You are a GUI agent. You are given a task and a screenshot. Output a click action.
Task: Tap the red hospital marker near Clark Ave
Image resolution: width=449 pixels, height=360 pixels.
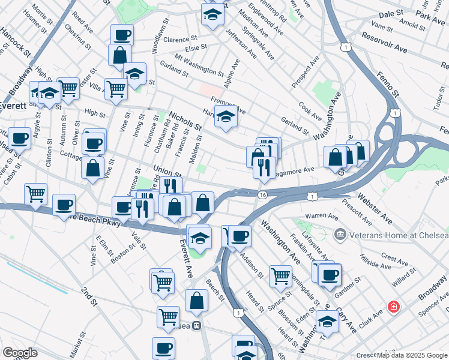coord(394,307)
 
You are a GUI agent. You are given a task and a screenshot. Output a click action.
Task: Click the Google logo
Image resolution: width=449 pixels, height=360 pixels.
coord(20,353)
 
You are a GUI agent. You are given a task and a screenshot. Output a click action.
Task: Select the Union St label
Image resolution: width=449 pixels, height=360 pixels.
coord(167,172)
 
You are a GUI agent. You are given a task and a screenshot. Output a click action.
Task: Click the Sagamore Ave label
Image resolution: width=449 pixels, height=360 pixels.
coord(295,170)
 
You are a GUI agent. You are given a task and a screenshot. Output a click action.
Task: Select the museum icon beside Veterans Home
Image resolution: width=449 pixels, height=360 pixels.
coord(340,233)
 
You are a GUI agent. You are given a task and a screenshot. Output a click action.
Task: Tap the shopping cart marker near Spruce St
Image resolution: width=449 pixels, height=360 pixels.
coord(280,275)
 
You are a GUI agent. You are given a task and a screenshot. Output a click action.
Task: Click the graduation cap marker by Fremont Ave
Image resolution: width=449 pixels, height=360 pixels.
coord(226,116)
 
